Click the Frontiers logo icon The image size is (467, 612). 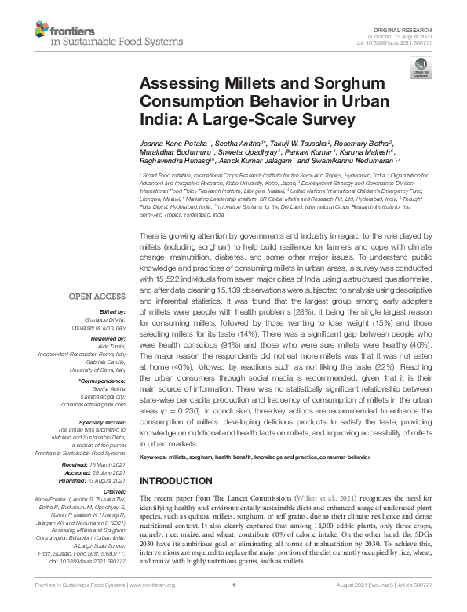[42, 31]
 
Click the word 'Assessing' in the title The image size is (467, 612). [174, 85]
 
